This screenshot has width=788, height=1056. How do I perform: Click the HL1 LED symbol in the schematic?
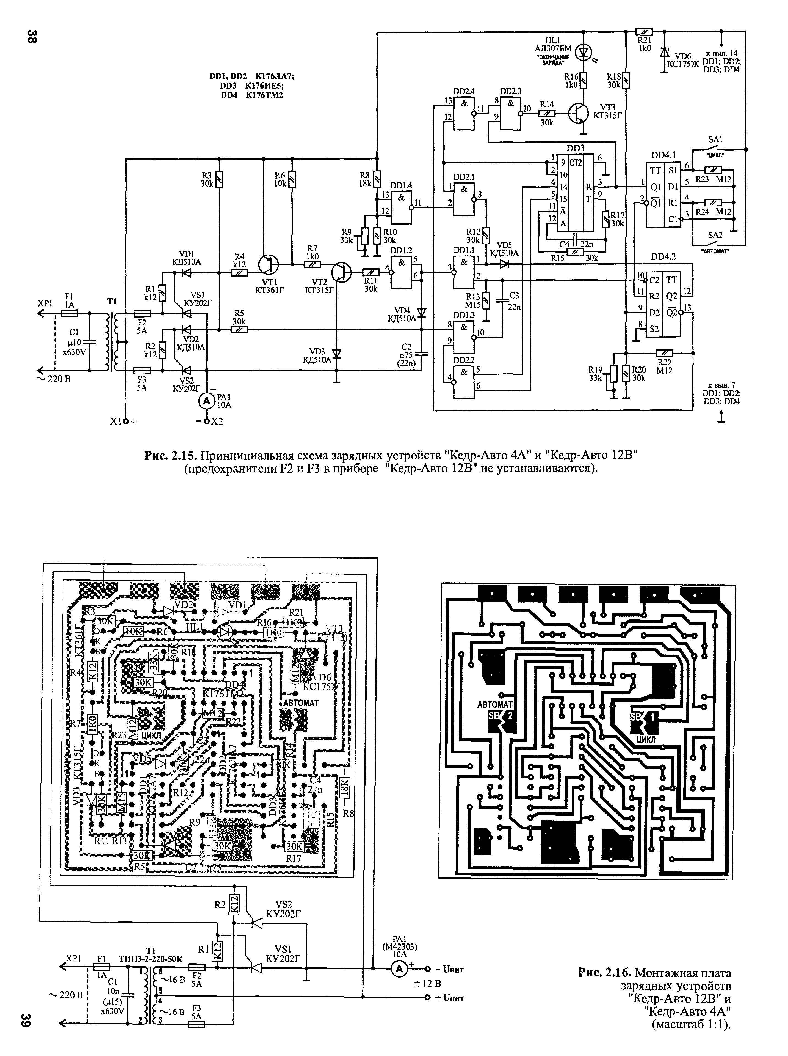pos(582,51)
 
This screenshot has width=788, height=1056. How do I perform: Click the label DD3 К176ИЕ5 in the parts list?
pos(252,86)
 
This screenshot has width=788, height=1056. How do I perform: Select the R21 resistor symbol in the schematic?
pos(644,32)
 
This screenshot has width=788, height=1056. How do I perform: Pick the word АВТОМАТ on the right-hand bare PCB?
pos(495,704)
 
